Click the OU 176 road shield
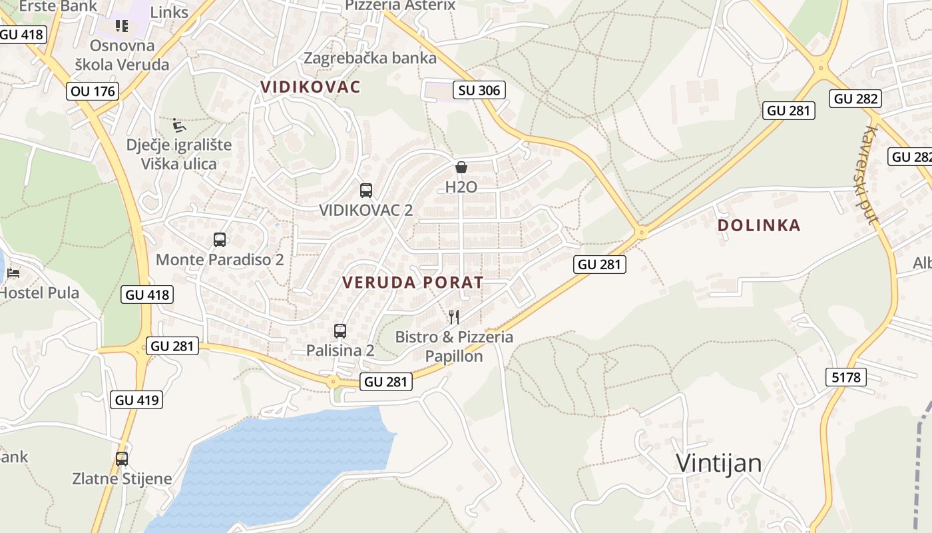tap(93, 91)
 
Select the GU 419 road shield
tap(138, 400)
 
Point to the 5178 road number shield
tap(846, 377)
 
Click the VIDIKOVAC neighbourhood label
tap(310, 87)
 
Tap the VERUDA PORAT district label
tap(413, 282)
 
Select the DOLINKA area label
tap(759, 225)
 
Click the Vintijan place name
tap(718, 462)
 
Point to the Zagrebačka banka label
tap(370, 58)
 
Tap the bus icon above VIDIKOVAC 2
tap(365, 190)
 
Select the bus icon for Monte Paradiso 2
tap(220, 240)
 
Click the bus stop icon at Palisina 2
tap(340, 330)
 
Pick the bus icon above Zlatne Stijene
tap(122, 458)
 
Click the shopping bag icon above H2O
tap(461, 167)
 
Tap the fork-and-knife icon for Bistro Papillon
tap(454, 316)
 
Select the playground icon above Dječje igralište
tap(179, 125)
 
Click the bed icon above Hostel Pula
tap(13, 272)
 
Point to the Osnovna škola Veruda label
tap(122, 55)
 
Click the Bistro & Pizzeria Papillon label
tap(454, 346)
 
